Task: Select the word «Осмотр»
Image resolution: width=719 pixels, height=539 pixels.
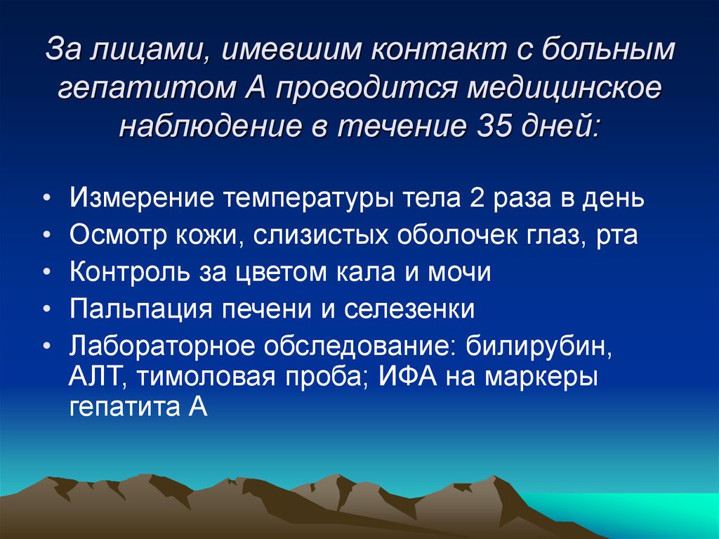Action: [x=116, y=235]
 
